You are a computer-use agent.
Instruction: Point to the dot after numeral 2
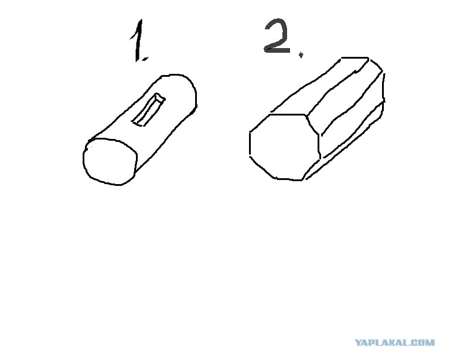[301, 55]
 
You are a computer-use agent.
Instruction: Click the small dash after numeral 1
[145, 59]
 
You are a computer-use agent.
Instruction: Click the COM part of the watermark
[424, 342]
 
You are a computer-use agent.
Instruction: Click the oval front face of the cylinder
[110, 161]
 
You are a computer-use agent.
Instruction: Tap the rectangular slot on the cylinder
[149, 110]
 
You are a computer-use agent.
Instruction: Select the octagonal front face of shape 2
[284, 147]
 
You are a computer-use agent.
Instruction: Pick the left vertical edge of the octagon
[250, 144]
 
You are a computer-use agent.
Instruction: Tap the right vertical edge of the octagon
[319, 147]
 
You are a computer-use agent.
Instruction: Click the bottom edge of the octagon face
[289, 179]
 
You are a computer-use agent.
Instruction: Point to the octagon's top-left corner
[270, 114]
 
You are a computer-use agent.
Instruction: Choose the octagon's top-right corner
[306, 116]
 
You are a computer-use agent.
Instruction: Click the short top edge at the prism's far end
[354, 57]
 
